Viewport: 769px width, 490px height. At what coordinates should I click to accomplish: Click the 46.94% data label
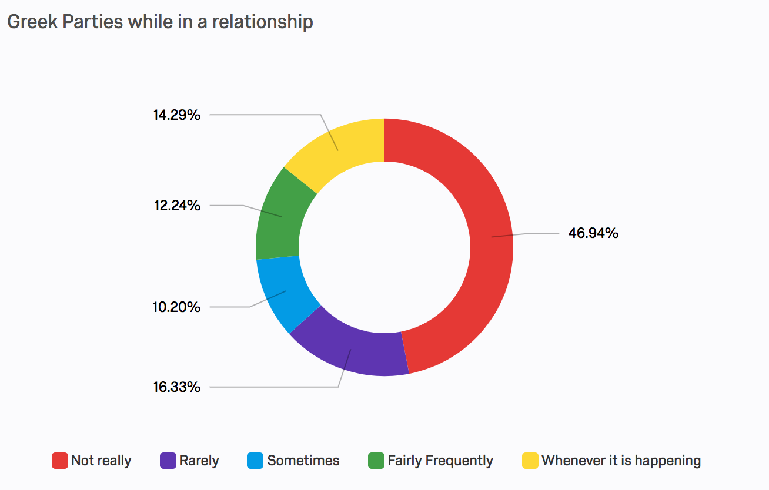(593, 233)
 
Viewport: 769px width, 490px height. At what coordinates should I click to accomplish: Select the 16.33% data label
(176, 387)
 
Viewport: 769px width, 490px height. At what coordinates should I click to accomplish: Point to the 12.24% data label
(176, 206)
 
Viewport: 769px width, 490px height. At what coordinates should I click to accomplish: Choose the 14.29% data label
(176, 115)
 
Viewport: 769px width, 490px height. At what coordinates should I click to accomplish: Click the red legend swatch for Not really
(60, 461)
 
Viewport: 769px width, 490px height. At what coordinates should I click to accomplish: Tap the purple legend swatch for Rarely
(168, 461)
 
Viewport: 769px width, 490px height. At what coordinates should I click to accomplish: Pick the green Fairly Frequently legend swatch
(376, 461)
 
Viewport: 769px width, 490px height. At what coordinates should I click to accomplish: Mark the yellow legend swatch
(530, 461)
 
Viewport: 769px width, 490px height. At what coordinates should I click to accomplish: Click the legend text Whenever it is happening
(621, 461)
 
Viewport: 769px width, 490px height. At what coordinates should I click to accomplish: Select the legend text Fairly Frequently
(440, 461)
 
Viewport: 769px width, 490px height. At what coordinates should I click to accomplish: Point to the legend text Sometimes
(303, 461)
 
